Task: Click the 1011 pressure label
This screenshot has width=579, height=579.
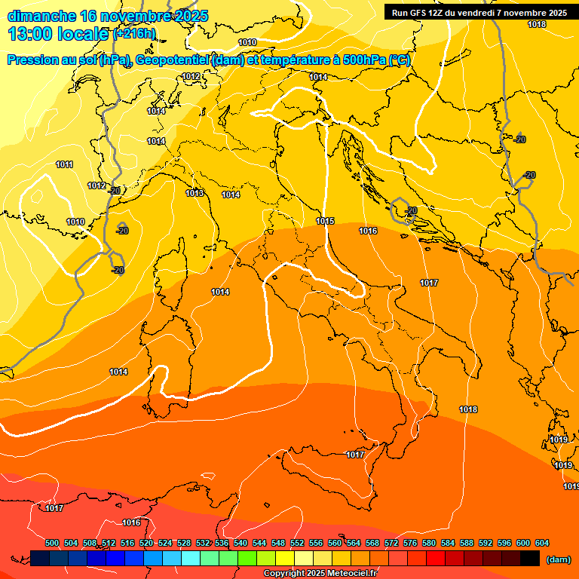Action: point(65,164)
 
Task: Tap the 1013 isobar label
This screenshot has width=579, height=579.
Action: point(195,193)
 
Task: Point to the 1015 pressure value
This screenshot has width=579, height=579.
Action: point(325,221)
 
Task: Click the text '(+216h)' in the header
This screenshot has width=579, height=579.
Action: point(134,33)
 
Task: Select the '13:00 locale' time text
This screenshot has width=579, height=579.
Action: point(57,34)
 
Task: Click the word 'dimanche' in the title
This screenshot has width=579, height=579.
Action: point(42,16)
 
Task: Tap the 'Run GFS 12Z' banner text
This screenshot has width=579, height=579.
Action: point(421,13)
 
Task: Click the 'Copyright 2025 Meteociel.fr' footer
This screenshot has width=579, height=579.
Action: point(320,574)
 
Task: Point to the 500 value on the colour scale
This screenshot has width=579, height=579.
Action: point(52,543)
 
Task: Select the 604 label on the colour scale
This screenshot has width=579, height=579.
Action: point(541,543)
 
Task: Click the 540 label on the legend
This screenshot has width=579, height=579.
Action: point(240,543)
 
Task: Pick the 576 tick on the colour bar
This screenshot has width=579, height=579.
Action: point(410,543)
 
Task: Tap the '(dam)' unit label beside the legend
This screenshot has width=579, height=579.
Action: point(558,559)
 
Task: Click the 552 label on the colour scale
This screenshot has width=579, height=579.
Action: point(297,543)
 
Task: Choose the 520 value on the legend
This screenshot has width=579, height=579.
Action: point(146,543)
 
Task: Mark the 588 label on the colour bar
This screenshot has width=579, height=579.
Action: point(467,543)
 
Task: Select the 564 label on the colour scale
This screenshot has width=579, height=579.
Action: point(354,543)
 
